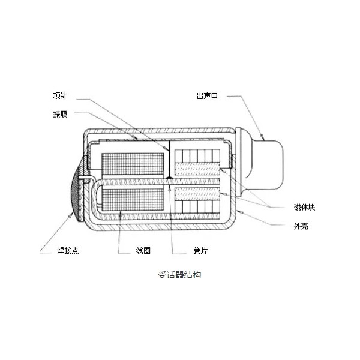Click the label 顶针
tap(60, 95)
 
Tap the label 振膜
tap(60, 114)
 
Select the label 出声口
tap(207, 96)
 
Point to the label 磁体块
tap(304, 208)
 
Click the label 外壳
tap(301, 226)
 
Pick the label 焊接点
tap(68, 250)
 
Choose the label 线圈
tap(143, 250)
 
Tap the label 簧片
tap(200, 250)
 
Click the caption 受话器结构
tap(179, 275)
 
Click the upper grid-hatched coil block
tap(133, 164)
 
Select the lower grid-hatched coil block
tap(133, 200)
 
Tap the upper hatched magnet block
tap(197, 169)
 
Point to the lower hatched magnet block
tap(197, 194)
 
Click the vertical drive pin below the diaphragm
tap(169, 160)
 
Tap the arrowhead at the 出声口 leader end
tap(262, 137)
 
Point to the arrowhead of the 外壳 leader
tap(241, 212)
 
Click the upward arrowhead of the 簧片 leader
tap(169, 189)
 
